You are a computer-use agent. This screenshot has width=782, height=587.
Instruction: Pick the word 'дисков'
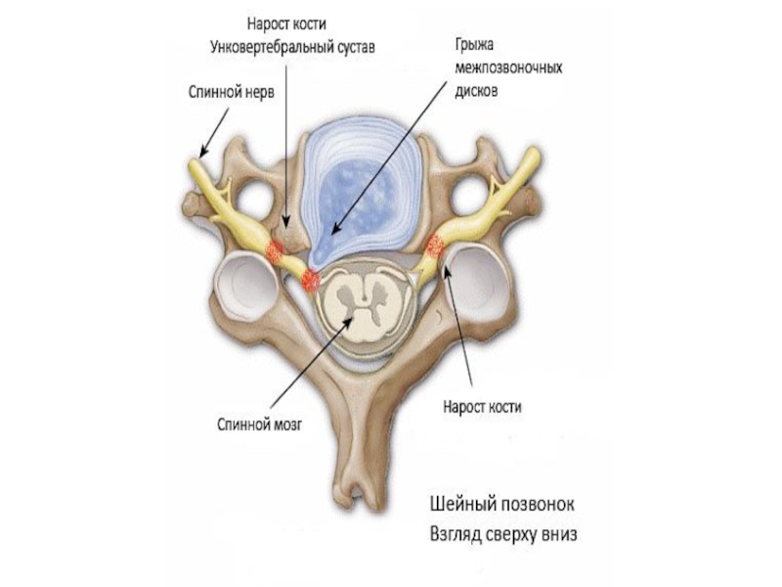tap(476, 90)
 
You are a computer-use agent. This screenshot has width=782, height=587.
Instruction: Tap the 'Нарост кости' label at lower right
tap(481, 409)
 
